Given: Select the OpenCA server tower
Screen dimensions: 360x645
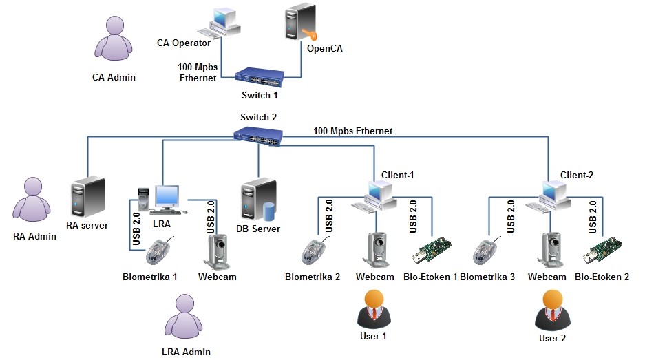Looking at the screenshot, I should [300, 24].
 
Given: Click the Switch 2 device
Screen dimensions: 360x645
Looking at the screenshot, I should [257, 135].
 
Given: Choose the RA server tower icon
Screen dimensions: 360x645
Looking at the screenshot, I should [87, 198].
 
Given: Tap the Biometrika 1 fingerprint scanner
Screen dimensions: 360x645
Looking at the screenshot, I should [160, 251].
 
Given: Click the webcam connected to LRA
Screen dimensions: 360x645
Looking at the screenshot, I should [218, 251].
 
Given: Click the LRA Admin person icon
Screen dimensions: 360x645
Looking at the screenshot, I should [185, 318].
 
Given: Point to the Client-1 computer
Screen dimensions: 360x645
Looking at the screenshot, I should [375, 197].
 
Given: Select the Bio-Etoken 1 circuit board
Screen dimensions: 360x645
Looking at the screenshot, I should [432, 251].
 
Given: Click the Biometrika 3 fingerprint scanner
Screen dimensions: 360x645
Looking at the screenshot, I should [486, 252].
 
